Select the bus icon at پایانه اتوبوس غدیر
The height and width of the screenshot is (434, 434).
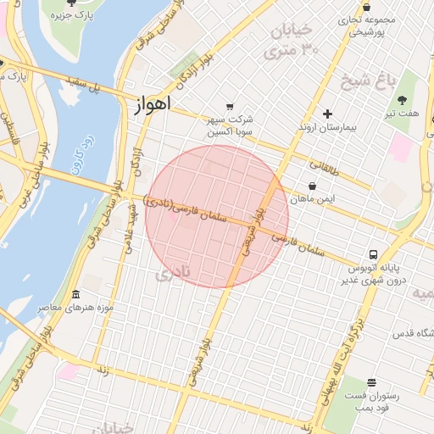(x=374, y=253)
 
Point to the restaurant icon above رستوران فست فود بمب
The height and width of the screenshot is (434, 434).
(x=370, y=383)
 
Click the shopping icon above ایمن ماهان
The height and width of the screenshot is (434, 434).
(x=312, y=185)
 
